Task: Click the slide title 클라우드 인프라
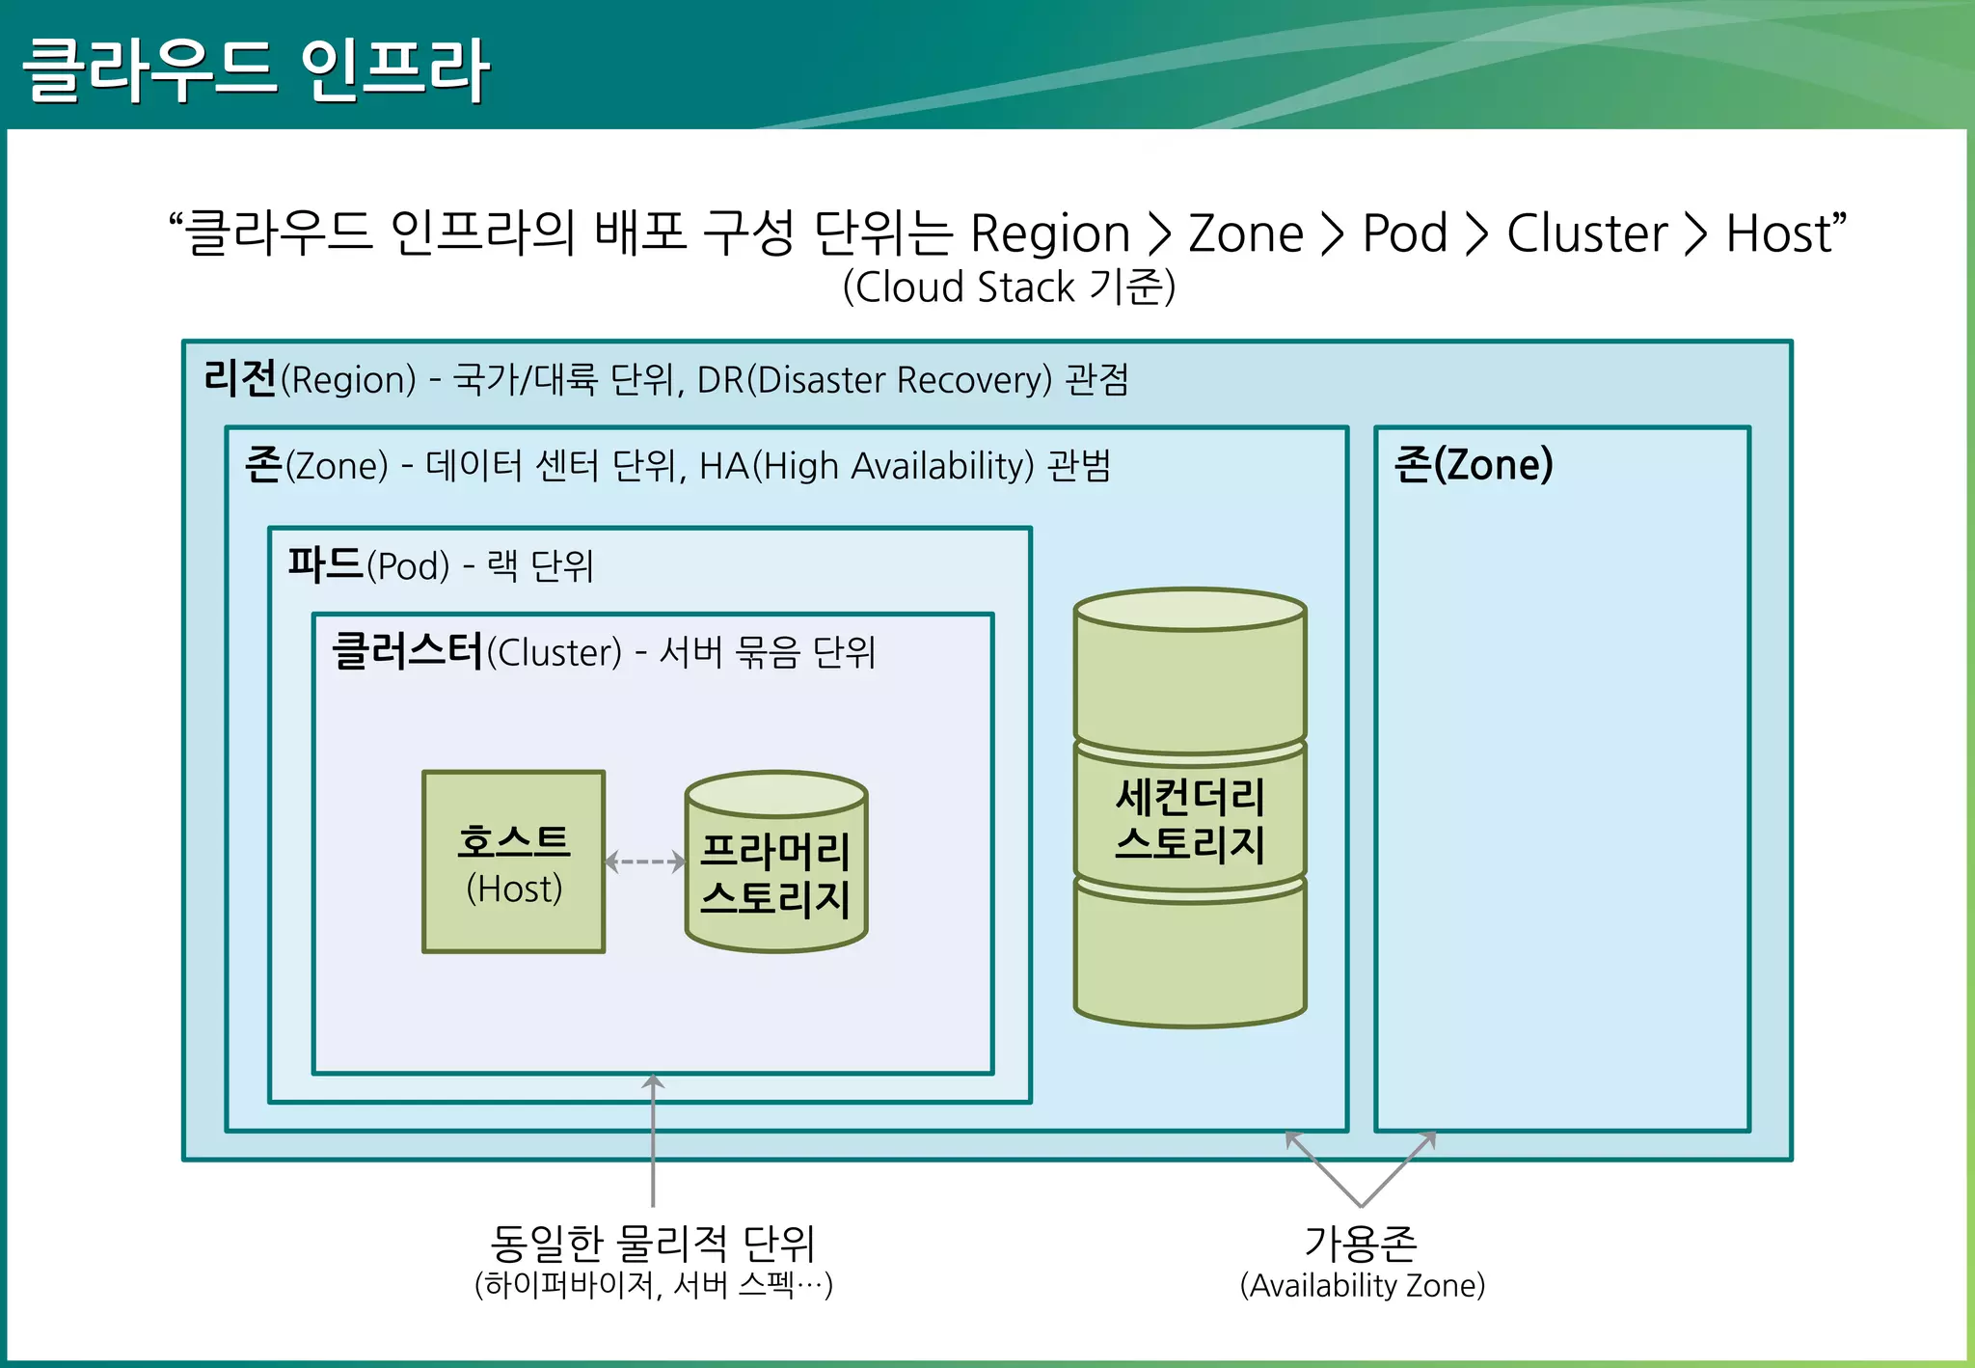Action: [x=256, y=69]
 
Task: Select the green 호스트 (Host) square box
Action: [x=513, y=862]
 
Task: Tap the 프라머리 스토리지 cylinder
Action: [x=775, y=874]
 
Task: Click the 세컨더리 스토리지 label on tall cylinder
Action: [x=1189, y=820]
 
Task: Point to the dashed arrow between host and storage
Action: [x=645, y=862]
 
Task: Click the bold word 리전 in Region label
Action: [x=240, y=378]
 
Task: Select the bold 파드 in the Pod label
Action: [x=325, y=564]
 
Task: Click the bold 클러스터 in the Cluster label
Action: [x=407, y=651]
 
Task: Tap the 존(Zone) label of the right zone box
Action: [x=1473, y=465]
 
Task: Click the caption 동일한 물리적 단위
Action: [x=653, y=1243]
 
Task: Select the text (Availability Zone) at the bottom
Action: [x=1362, y=1285]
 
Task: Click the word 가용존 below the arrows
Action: [x=1361, y=1243]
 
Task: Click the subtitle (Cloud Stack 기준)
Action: [x=1009, y=287]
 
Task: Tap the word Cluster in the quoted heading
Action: [x=1586, y=233]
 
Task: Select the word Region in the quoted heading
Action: [x=1049, y=233]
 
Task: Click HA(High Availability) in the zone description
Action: [x=866, y=466]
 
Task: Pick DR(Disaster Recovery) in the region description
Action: [x=874, y=380]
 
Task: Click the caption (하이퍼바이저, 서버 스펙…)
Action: [x=653, y=1285]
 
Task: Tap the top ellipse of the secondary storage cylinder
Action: [x=1189, y=611]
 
